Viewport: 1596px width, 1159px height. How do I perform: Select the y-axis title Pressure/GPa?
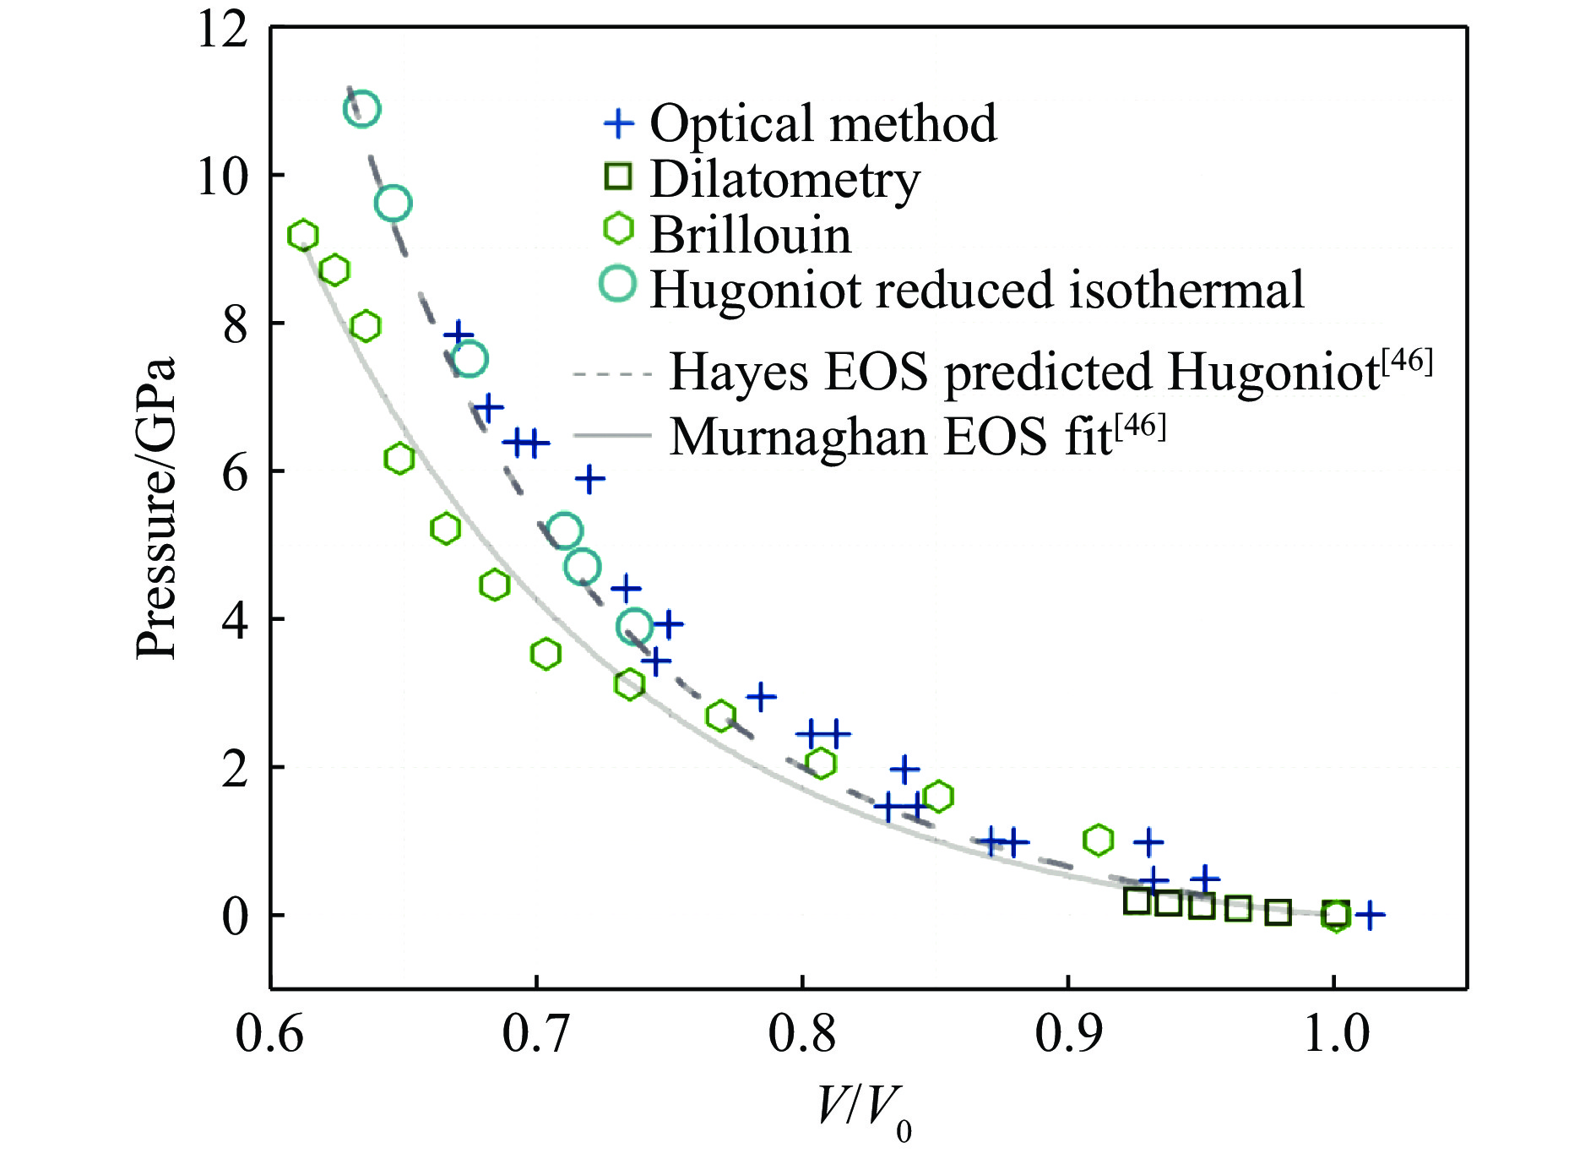pyautogui.click(x=156, y=507)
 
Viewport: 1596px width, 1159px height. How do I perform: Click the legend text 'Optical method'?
pyautogui.click(x=822, y=123)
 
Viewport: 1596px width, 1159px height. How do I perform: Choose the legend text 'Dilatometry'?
pyautogui.click(x=784, y=179)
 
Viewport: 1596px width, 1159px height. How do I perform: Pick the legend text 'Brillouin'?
pyautogui.click(x=750, y=234)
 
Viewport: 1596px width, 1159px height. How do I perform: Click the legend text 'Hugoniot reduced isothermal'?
pyautogui.click(x=977, y=290)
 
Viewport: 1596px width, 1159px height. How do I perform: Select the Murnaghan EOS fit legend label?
pyautogui.click(x=917, y=436)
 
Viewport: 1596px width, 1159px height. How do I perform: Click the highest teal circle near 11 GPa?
pyautogui.click(x=361, y=109)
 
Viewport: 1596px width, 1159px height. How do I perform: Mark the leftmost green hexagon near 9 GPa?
pyautogui.click(x=302, y=236)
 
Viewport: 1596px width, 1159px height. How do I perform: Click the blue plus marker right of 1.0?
pyautogui.click(x=1369, y=915)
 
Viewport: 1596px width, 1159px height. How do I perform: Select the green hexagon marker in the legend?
pyautogui.click(x=619, y=228)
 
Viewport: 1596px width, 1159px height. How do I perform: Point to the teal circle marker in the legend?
pyautogui.click(x=618, y=284)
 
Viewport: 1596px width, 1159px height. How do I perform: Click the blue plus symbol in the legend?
pyautogui.click(x=618, y=123)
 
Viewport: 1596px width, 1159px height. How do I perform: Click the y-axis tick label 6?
pyautogui.click(x=236, y=473)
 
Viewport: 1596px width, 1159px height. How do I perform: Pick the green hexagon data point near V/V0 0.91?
pyautogui.click(x=1098, y=840)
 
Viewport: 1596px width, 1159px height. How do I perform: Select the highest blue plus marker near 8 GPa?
pyautogui.click(x=459, y=333)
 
